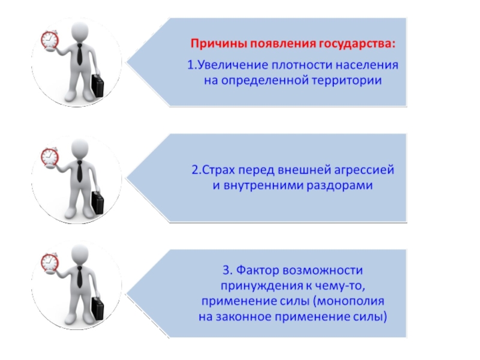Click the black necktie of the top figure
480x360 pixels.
[79, 55]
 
